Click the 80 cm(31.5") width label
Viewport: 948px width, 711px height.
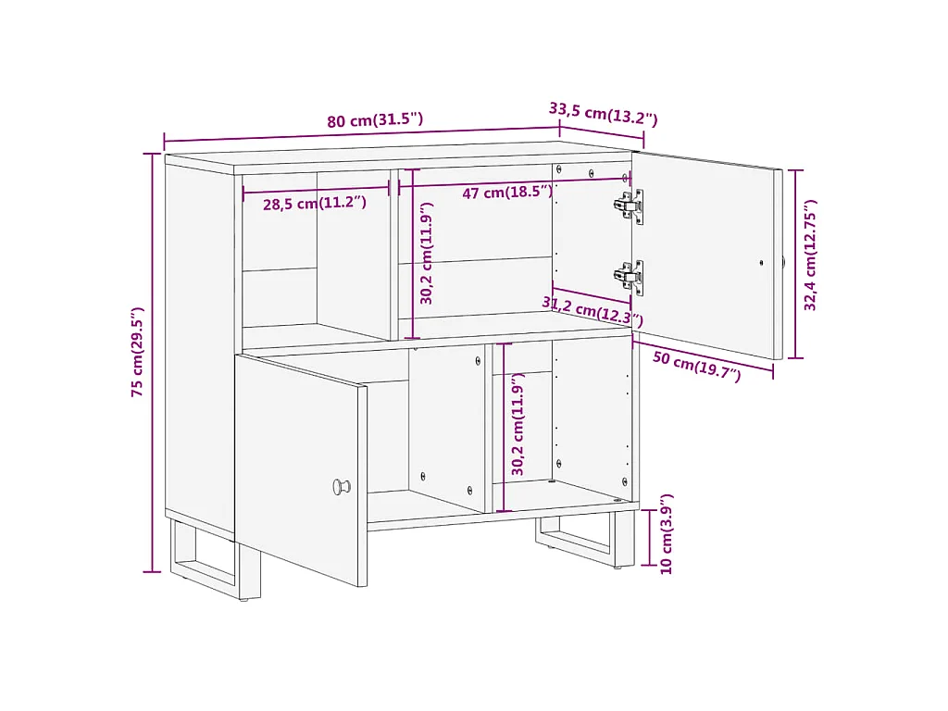click(x=375, y=120)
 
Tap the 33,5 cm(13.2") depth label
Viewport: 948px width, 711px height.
click(x=603, y=113)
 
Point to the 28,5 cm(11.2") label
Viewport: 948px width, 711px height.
click(x=314, y=204)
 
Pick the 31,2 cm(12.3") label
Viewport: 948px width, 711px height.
click(x=592, y=312)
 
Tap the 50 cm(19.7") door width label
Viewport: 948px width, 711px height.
click(x=696, y=367)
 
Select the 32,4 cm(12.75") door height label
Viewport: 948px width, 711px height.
click(x=811, y=256)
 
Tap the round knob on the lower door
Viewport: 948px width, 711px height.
click(x=342, y=486)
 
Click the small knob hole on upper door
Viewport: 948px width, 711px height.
click(x=761, y=262)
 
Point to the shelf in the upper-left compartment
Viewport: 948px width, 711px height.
click(x=279, y=269)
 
